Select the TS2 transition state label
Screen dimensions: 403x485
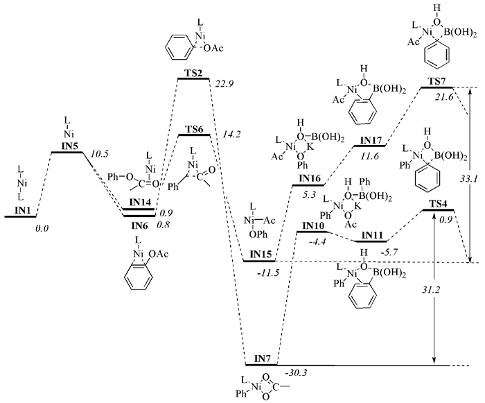click(x=193, y=73)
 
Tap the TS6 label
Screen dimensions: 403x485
click(x=194, y=129)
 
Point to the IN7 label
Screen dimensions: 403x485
click(x=262, y=358)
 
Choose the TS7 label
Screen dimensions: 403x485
click(x=437, y=80)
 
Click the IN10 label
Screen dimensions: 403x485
click(x=315, y=225)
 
